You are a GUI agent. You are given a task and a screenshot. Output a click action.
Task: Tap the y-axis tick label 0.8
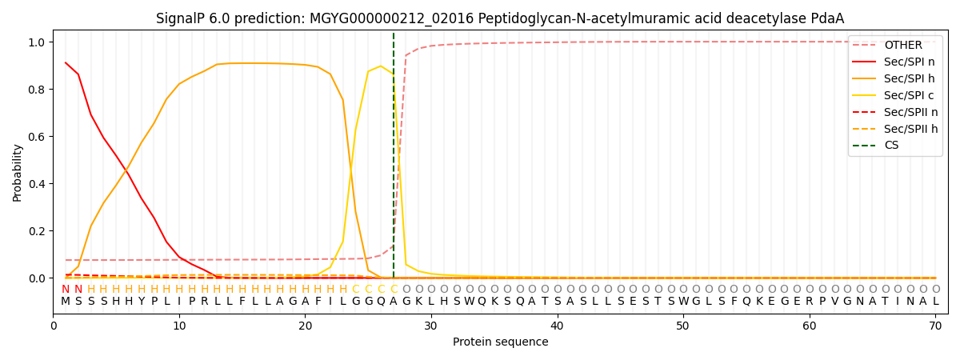[36, 90]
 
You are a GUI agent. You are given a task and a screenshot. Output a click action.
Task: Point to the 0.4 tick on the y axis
[36, 184]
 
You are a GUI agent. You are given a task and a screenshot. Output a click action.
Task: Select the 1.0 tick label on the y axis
[36, 42]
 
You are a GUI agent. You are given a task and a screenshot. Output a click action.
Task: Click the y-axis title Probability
[18, 172]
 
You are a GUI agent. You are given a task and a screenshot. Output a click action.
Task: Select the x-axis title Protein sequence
[501, 342]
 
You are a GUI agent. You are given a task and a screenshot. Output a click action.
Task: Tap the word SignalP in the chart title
[180, 18]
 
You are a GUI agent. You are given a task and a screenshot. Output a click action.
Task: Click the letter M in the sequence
[66, 302]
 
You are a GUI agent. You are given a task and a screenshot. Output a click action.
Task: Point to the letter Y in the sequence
[141, 302]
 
